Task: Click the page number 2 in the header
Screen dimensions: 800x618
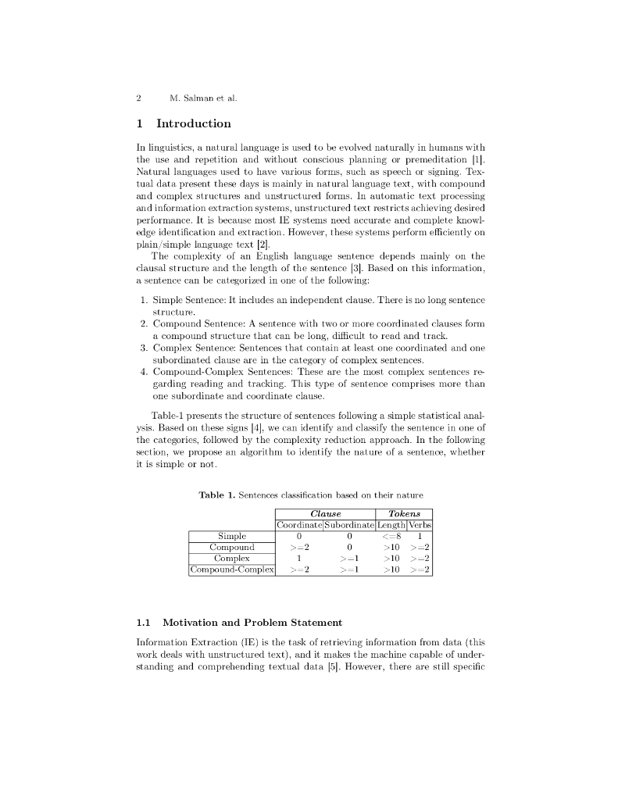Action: pyautogui.click(x=138, y=98)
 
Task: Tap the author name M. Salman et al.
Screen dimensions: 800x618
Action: pyautogui.click(x=202, y=98)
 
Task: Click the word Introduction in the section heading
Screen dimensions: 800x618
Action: pyautogui.click(x=194, y=123)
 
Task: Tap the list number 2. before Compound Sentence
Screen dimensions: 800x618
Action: pyautogui.click(x=144, y=323)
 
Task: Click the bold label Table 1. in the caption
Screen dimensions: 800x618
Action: pyautogui.click(x=216, y=495)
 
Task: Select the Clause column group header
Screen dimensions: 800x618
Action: pyautogui.click(x=325, y=513)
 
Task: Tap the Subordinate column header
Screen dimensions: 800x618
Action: pyautogui.click(x=349, y=525)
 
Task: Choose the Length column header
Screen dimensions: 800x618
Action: pyautogui.click(x=391, y=525)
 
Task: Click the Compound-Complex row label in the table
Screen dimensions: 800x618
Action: pyautogui.click(x=232, y=570)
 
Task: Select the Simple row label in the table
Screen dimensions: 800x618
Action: pyautogui.click(x=232, y=536)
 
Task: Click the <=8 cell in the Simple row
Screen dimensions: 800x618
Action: pyautogui.click(x=391, y=536)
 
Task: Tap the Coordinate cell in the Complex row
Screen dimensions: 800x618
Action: pyautogui.click(x=299, y=559)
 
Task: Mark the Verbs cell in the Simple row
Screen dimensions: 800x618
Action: pyautogui.click(x=420, y=536)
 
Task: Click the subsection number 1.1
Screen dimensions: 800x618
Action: pyautogui.click(x=143, y=623)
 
